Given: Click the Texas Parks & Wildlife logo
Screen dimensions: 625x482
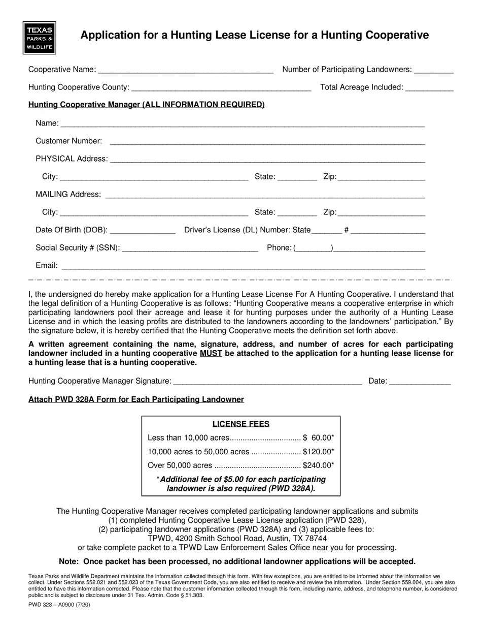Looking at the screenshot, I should point(39,38).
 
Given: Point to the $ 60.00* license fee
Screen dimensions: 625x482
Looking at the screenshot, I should point(319,438).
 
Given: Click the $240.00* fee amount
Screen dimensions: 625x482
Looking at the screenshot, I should point(319,465).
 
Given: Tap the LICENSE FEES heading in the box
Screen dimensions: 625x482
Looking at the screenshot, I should point(240,424).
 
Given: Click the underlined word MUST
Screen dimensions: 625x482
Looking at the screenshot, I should point(211,353).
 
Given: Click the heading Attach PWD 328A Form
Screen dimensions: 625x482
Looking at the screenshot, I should point(136,399).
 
